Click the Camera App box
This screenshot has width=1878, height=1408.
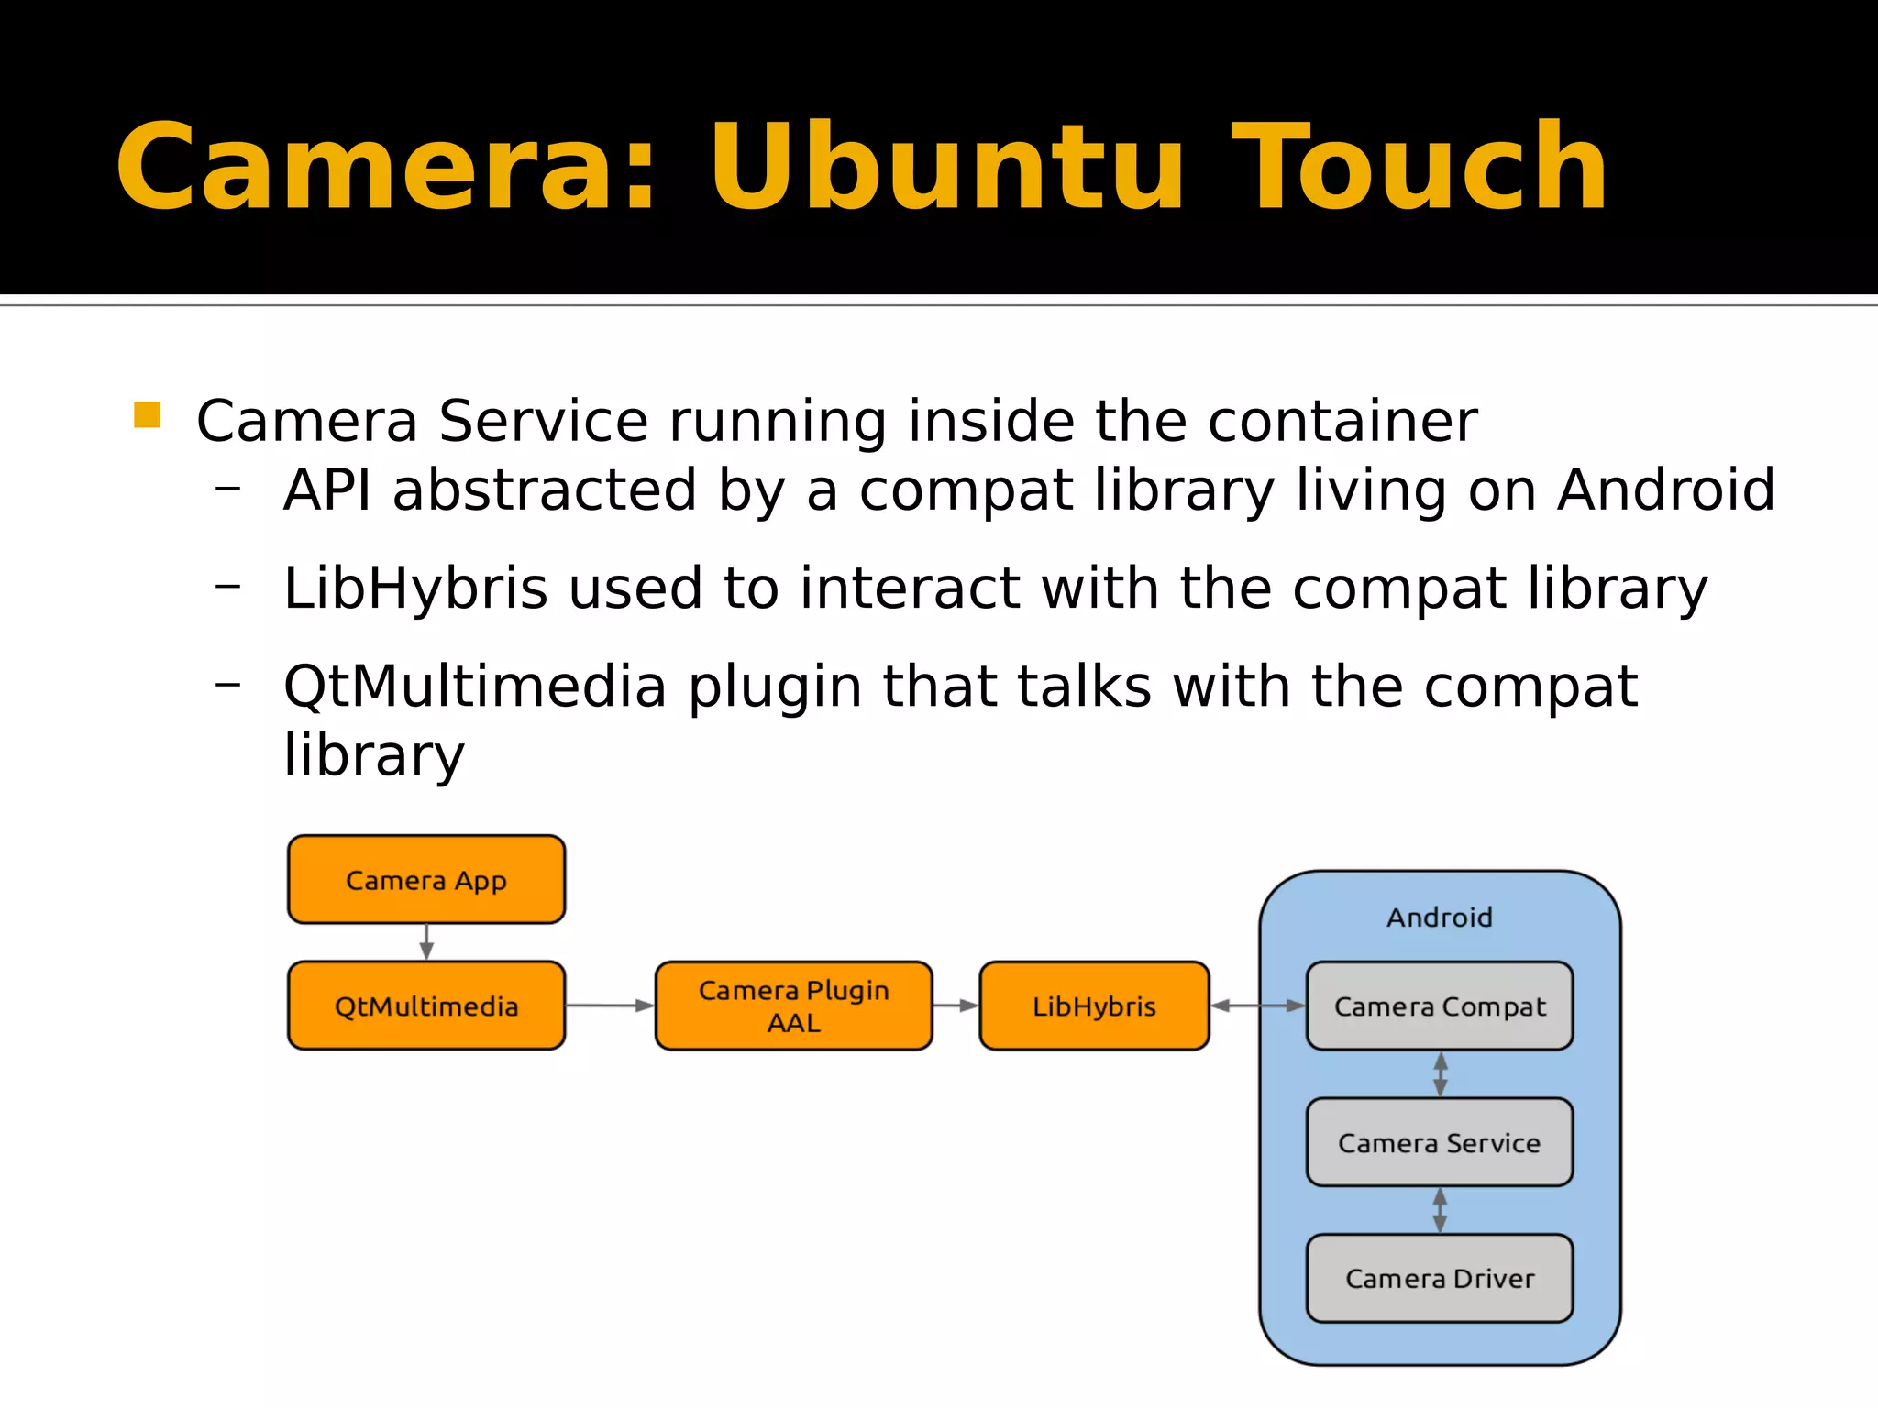425,879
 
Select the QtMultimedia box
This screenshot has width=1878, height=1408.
425,1006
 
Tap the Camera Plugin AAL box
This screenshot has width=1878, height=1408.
793,1006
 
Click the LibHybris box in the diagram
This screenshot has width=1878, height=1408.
1094,1006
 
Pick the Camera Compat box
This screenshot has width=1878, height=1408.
1439,1006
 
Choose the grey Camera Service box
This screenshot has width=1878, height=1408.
1439,1142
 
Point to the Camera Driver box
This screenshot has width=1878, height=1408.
1439,1278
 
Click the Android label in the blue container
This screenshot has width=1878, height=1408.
1439,917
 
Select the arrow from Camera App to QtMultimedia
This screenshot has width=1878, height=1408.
426,942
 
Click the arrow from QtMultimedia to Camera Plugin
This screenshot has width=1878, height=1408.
610,1006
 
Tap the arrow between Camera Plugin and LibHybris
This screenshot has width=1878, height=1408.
956,1006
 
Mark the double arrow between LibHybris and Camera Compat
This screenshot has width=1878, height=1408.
1257,1006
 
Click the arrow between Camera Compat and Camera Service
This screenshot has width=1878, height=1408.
1440,1073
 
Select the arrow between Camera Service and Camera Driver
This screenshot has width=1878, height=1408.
1440,1210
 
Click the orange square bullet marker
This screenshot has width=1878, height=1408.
147,415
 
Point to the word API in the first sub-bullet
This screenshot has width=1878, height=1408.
327,489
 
